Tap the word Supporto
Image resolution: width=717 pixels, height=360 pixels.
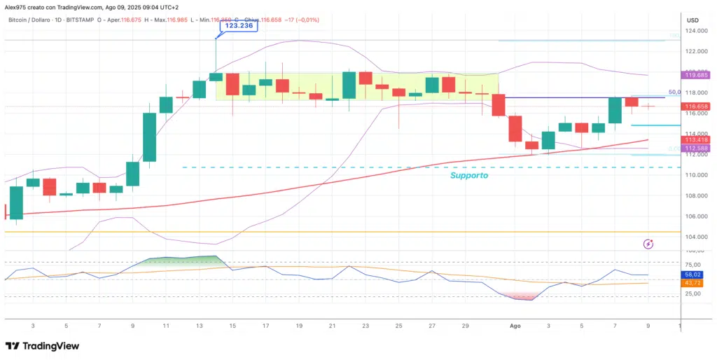[x=468, y=176]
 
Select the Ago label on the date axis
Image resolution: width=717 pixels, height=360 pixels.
[x=515, y=326]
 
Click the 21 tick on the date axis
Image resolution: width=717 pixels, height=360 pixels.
[x=332, y=326]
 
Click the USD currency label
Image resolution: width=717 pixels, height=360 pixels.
[x=692, y=20]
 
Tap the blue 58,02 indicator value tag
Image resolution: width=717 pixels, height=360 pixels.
[x=692, y=275]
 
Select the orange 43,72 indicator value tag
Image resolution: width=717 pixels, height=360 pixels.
[x=692, y=283]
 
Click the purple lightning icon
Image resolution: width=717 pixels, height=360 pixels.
[x=648, y=244]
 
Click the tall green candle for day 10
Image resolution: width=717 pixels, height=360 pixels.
[x=149, y=136]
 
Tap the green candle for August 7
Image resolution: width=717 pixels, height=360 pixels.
[x=615, y=110]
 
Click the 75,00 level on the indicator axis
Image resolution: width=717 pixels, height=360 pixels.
[x=692, y=264]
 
